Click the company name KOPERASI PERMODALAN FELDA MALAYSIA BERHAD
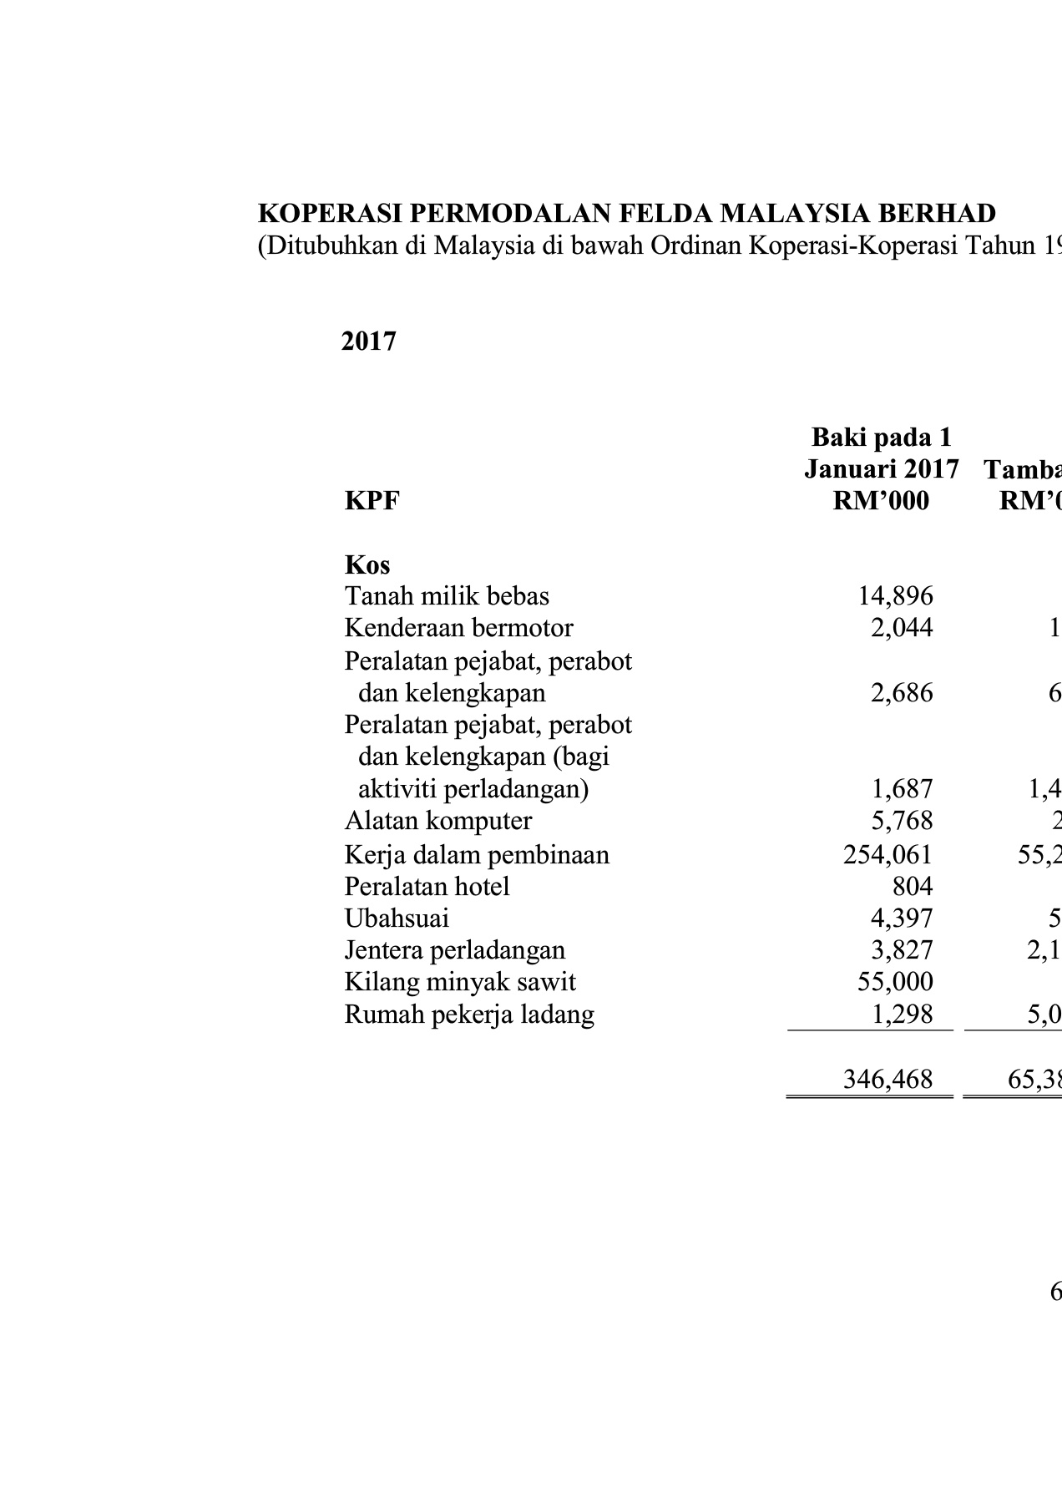pos(626,214)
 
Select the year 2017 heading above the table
pos(368,342)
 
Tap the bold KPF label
pos(372,501)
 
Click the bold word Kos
pos(367,565)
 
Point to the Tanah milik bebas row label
pos(447,596)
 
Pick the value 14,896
pos(895,596)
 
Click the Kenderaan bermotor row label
pos(458,628)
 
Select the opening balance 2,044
pos(901,628)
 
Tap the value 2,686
pos(901,693)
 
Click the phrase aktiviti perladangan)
pos(473,789)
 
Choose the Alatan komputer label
pos(437,821)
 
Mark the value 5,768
pos(901,821)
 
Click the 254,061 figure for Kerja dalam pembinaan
pos(888,855)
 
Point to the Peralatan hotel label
pos(427,886)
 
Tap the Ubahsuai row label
pos(397,918)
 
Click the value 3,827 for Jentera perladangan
pos(901,950)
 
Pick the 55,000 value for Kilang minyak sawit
pos(895,982)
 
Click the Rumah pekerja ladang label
pos(469,1015)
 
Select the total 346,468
pos(888,1080)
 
